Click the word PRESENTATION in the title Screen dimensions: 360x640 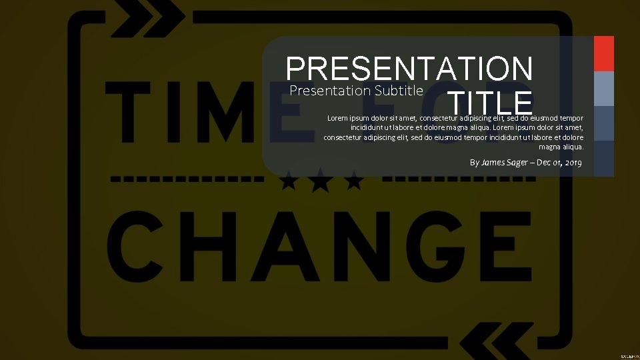point(409,69)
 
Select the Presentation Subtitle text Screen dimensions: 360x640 point(357,90)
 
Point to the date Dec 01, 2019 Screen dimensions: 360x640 point(559,162)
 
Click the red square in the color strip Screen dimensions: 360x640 point(603,53)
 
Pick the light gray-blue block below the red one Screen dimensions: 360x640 point(603,88)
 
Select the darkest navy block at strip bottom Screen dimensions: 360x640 point(603,159)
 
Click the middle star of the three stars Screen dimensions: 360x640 point(321,179)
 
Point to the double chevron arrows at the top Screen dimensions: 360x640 point(147,19)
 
